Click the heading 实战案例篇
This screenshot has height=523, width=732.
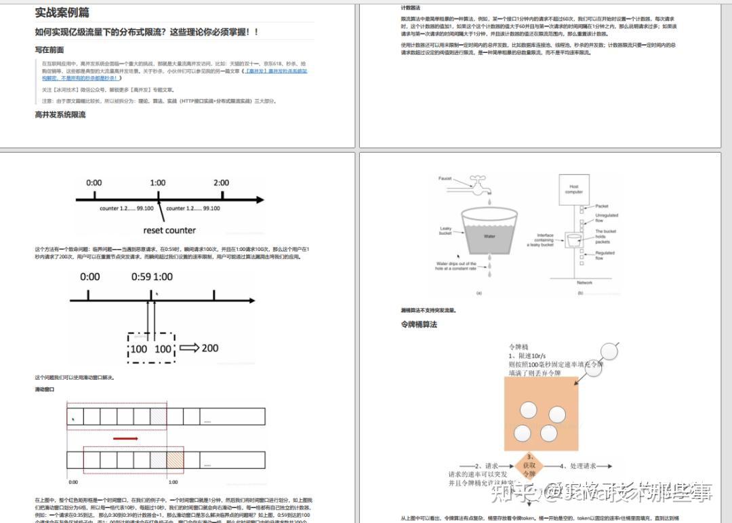(x=62, y=13)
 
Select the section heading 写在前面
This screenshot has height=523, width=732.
(x=49, y=50)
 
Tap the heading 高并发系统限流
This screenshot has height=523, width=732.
(x=60, y=115)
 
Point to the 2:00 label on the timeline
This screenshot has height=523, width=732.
(x=221, y=182)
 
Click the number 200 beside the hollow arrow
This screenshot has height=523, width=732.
(x=210, y=348)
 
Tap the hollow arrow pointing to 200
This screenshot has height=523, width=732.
(x=189, y=348)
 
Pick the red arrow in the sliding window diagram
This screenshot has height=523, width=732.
(x=125, y=439)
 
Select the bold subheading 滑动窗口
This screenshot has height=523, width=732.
(x=45, y=390)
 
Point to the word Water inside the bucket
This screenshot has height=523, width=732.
(x=489, y=237)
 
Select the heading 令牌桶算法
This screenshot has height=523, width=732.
(x=419, y=324)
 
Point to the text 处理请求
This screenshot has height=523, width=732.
(x=582, y=466)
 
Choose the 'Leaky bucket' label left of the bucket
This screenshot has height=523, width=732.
(x=445, y=231)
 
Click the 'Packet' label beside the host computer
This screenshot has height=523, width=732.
(x=602, y=206)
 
